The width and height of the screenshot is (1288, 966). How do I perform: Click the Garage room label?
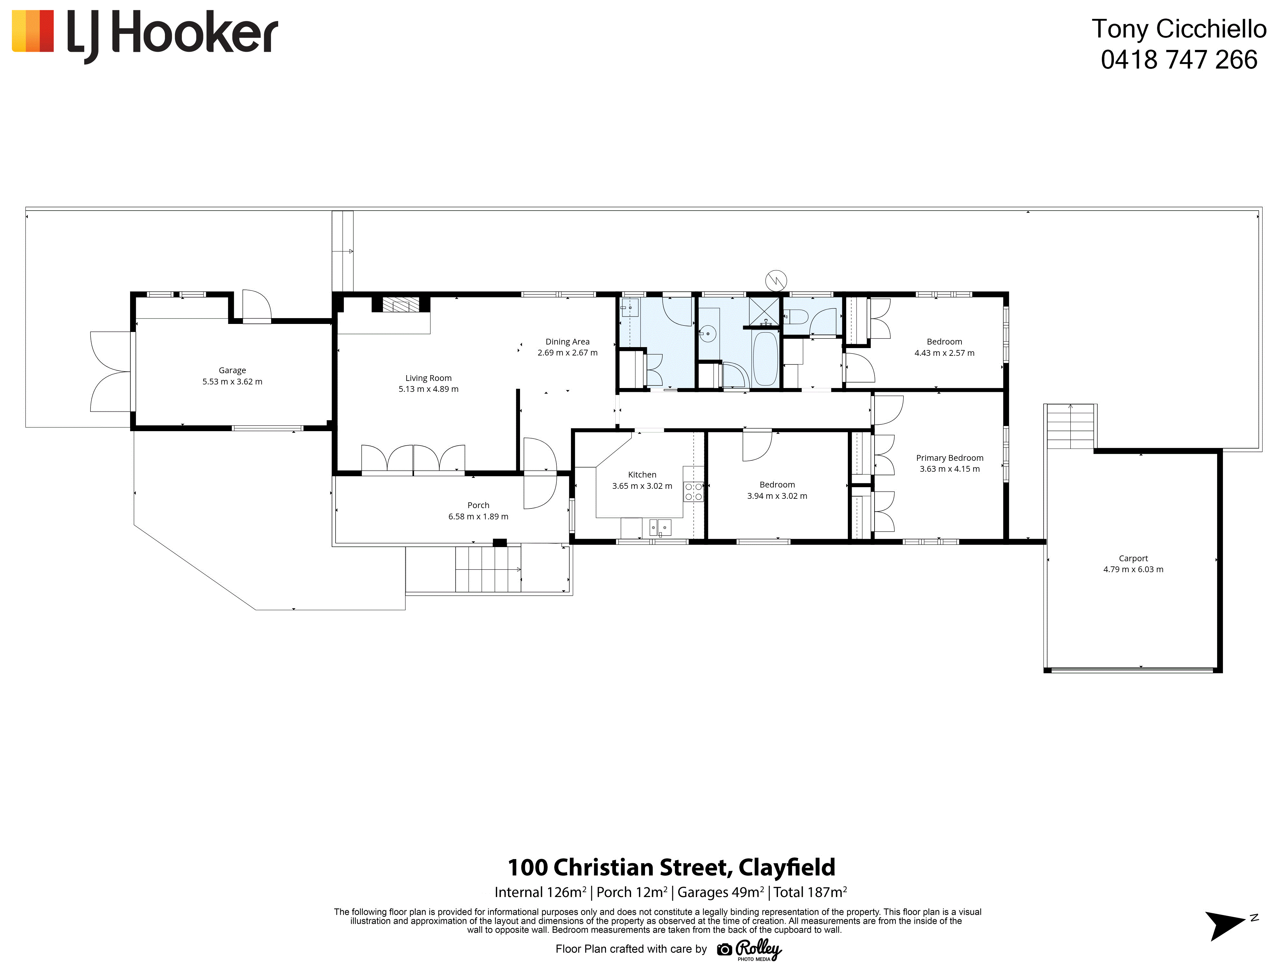click(232, 370)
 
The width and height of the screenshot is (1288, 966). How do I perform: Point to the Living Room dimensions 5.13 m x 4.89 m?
click(429, 389)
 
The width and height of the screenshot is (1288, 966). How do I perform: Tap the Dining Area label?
click(567, 342)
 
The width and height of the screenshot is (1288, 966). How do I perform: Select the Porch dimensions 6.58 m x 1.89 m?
click(478, 516)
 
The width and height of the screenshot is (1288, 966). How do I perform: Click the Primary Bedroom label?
click(950, 458)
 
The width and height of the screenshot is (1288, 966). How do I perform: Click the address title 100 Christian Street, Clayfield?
click(671, 867)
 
